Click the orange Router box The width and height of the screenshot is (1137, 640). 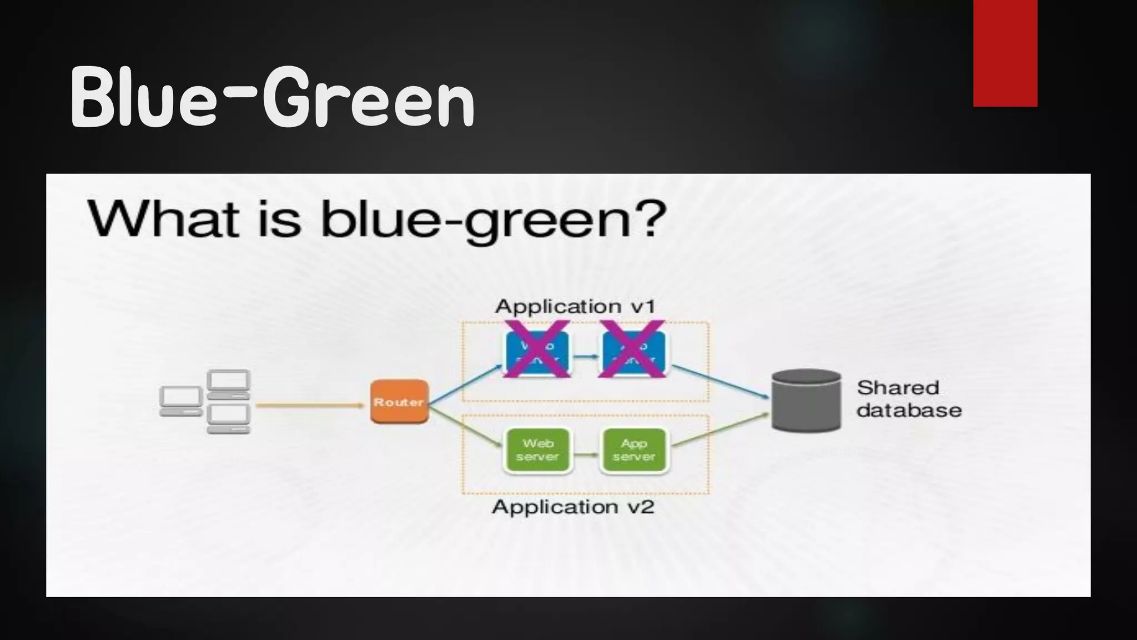coord(399,402)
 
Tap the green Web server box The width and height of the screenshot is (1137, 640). coord(537,450)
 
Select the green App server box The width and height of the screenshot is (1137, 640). coord(633,450)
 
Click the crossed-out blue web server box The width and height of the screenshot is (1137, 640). coord(537,352)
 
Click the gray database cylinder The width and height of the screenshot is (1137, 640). coord(806,401)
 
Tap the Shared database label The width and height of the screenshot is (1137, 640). coord(908,399)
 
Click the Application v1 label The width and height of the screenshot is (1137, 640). coord(575,306)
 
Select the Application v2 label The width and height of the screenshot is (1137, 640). coord(573,507)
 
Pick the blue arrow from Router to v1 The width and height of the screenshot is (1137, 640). coord(465,384)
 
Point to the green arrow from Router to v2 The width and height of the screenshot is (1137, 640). coord(465,427)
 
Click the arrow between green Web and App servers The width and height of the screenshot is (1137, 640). coord(586,454)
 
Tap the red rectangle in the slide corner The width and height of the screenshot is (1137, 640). coord(1005,53)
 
